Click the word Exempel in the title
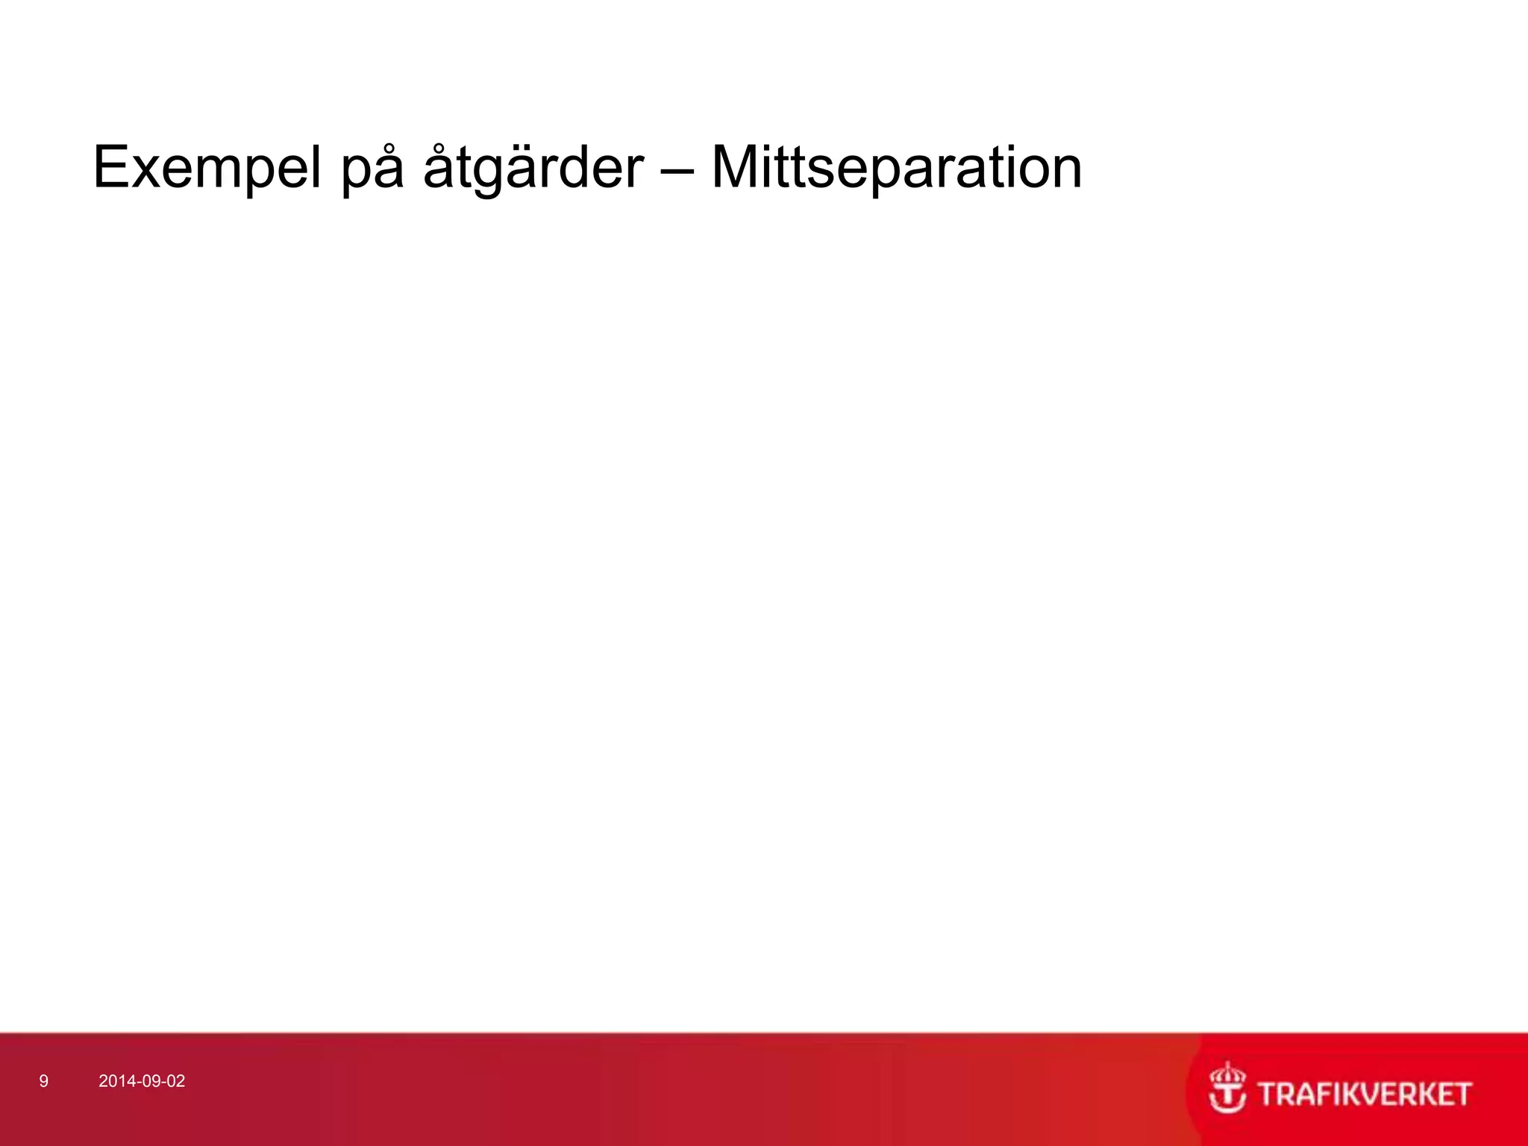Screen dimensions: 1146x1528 207,168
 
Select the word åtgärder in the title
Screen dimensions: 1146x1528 533,168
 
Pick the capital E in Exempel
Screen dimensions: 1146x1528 112,167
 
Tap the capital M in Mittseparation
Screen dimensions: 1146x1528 736,167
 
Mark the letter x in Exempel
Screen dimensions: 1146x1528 150,172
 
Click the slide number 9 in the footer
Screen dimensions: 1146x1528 44,1081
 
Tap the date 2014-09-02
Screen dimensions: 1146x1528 142,1081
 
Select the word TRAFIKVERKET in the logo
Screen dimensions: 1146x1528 1364,1095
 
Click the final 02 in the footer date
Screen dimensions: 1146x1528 176,1081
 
